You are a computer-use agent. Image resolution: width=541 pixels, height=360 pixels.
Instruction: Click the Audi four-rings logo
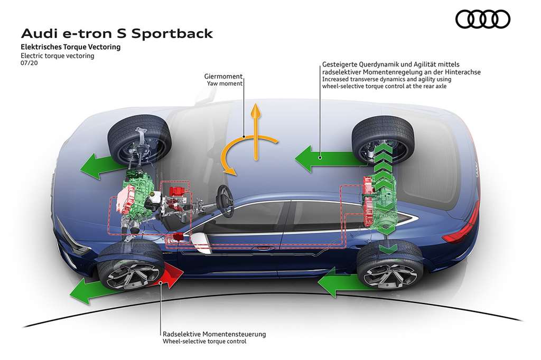[482, 20]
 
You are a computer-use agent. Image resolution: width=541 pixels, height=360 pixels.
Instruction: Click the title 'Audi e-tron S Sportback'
[117, 34]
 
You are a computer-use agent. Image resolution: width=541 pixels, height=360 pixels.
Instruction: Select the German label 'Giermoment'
[224, 76]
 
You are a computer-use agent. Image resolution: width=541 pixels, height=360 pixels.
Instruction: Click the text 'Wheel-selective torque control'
[205, 342]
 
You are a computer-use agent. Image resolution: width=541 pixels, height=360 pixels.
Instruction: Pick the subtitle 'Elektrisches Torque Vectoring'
[71, 47]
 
